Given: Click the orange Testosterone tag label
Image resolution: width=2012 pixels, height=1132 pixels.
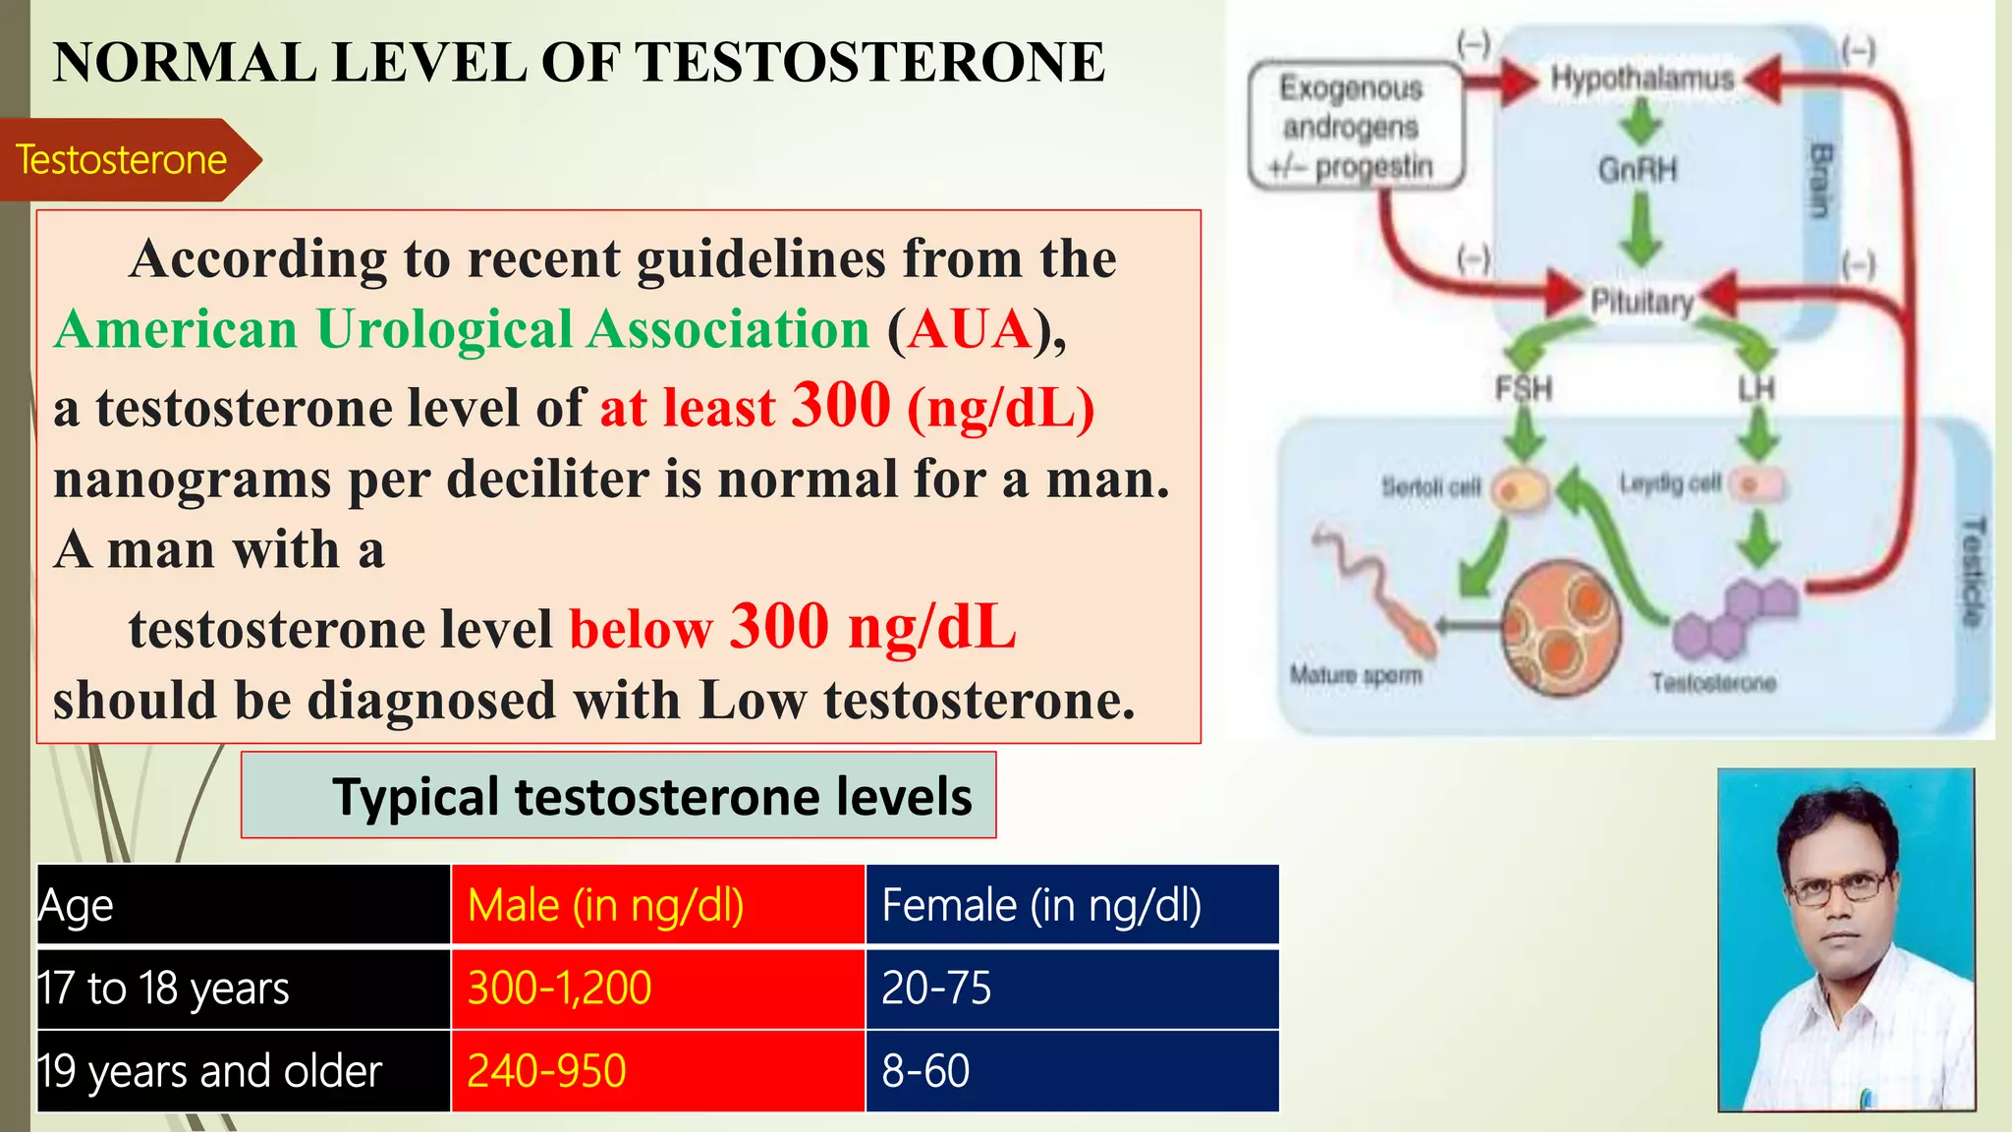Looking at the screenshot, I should (122, 159).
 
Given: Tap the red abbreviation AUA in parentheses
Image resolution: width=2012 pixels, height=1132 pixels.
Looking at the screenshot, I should (969, 329).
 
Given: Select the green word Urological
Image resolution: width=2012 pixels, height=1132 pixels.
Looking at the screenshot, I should (444, 329).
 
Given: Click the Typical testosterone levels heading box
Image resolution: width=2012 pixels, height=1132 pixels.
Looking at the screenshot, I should (619, 795).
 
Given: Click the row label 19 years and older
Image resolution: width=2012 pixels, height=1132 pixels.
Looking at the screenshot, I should (210, 1071).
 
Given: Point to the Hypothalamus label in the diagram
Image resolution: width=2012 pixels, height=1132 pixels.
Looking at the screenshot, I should (1642, 79).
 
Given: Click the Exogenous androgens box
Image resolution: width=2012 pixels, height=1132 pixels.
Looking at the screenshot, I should (1355, 127).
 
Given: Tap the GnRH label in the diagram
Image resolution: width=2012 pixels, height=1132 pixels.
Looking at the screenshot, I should (1638, 170).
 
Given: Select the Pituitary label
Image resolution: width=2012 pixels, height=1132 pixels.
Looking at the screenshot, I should (1642, 301).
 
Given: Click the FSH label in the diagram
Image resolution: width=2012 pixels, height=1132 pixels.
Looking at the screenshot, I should (1523, 389).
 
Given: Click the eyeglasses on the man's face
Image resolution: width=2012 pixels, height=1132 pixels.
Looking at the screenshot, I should (1837, 889).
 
